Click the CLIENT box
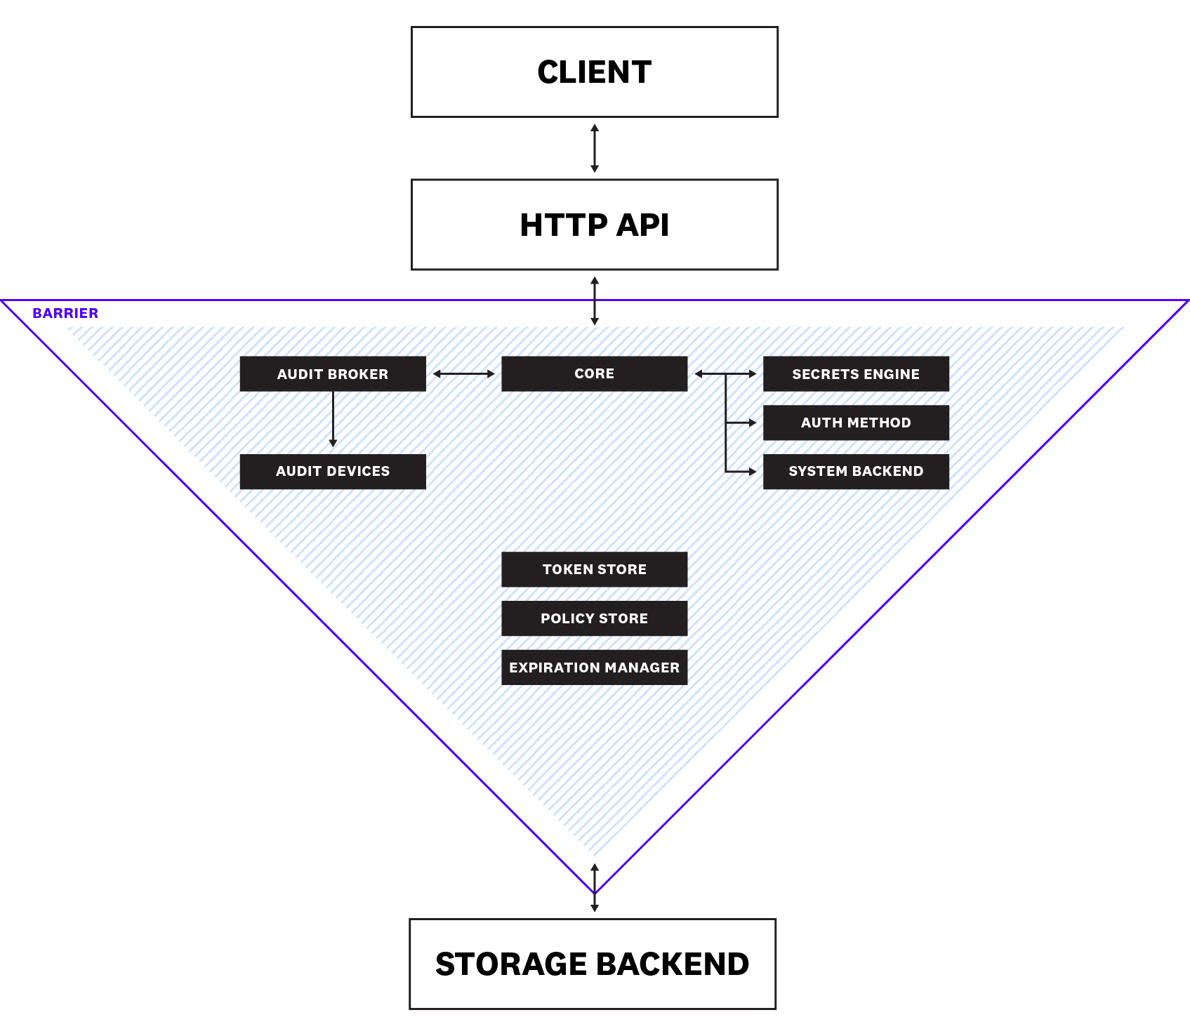click(x=594, y=72)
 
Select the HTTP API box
click(x=594, y=225)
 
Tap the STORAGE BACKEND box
click(x=592, y=964)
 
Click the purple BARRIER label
click(x=65, y=313)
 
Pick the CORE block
click(x=594, y=373)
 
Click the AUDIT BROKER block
click(x=332, y=373)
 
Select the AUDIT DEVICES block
click(x=332, y=471)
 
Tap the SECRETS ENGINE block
click(x=855, y=373)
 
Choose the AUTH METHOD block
click(x=855, y=423)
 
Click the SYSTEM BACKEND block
click(x=855, y=471)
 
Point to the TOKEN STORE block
click(x=594, y=569)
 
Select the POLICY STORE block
click(x=594, y=618)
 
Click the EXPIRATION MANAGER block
click(x=594, y=667)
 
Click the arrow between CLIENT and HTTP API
click(x=594, y=148)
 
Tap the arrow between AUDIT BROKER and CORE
click(x=463, y=374)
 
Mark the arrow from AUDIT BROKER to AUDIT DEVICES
click(x=333, y=418)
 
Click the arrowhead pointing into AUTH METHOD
click(x=752, y=423)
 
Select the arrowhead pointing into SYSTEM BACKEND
click(x=752, y=472)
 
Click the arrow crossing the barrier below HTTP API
click(x=594, y=300)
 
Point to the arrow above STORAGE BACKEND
click(x=594, y=888)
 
